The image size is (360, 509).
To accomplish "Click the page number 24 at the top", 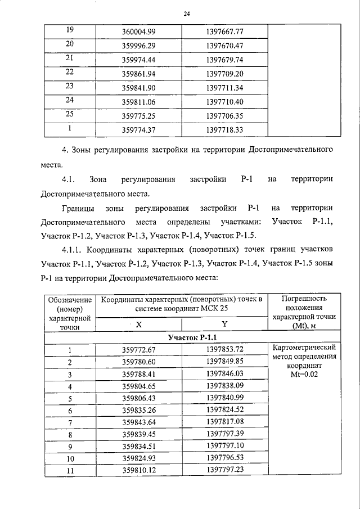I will (186, 14).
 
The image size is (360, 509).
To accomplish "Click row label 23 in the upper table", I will (70, 86).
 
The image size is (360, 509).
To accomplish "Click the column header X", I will (138, 325).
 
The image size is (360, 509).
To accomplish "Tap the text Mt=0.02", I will (303, 375).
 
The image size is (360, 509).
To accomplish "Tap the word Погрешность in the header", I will (303, 299).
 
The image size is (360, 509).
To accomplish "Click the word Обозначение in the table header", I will (70, 300).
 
